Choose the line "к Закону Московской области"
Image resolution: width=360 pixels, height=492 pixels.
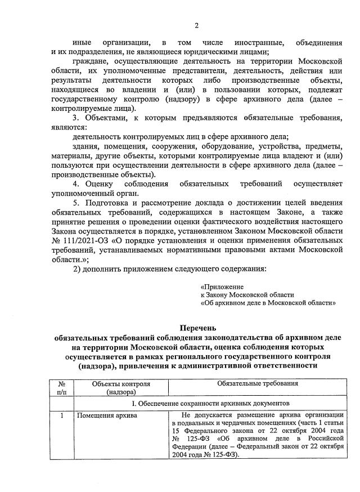(x=247, y=294)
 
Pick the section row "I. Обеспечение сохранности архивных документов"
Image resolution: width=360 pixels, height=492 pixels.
(x=210, y=404)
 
